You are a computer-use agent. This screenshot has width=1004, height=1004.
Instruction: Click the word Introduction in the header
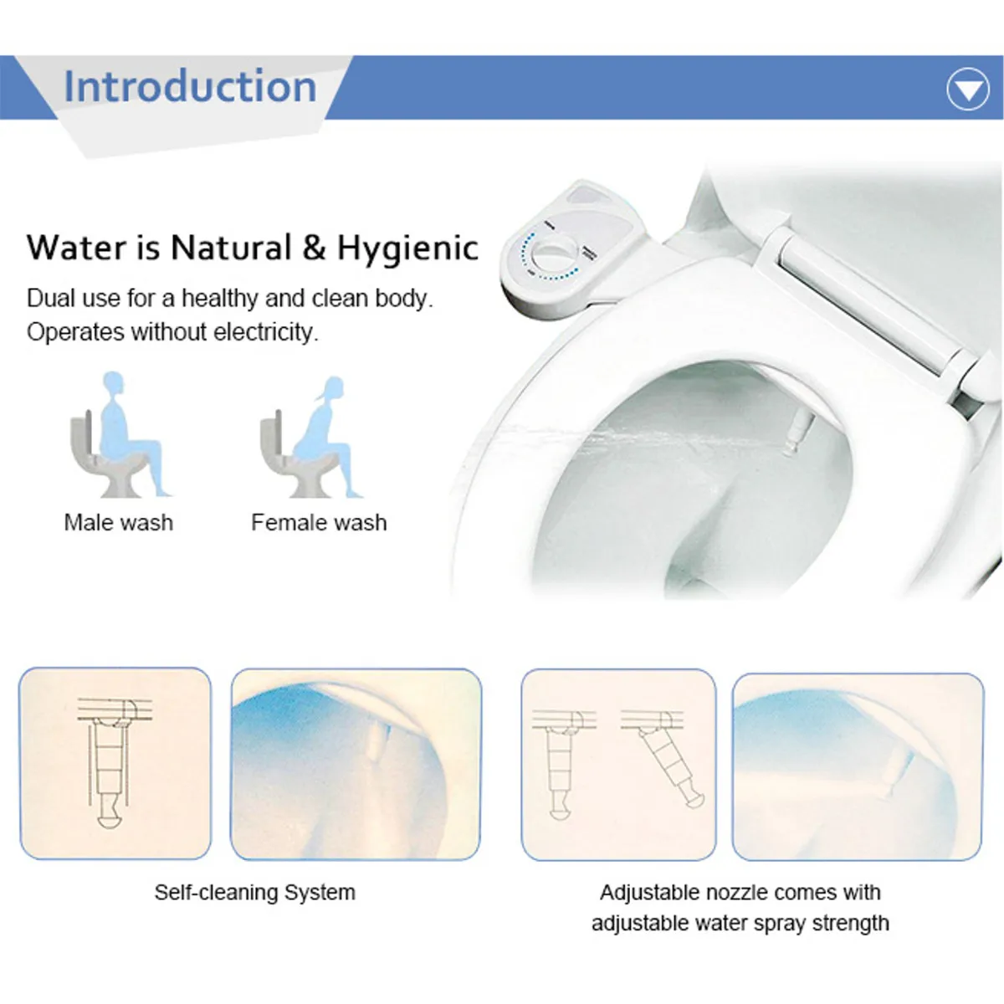point(190,87)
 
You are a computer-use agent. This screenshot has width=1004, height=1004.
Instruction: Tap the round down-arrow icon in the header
point(968,90)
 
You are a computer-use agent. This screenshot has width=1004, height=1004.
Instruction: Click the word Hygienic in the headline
point(407,248)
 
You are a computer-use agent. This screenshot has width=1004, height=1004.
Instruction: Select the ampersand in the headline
point(314,248)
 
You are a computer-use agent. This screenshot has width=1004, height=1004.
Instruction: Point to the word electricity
point(265,332)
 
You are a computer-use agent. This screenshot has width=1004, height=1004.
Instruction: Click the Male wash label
point(119,523)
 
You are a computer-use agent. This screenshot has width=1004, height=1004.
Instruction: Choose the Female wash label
point(319,523)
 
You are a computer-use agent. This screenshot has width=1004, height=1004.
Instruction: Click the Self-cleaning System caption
point(254,893)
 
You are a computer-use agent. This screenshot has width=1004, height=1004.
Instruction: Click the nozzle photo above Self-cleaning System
point(356,764)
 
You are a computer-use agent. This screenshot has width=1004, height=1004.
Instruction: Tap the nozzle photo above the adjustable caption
point(857,766)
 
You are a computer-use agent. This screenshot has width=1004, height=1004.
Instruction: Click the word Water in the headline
point(75,248)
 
